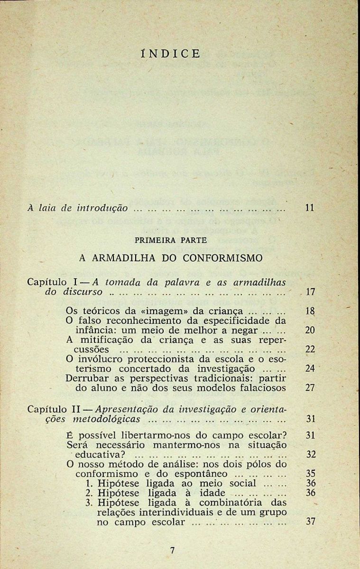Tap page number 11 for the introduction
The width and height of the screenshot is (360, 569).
coord(310,208)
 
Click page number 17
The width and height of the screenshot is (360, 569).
coord(311,292)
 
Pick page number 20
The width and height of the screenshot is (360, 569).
coord(310,330)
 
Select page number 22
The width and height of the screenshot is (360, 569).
coord(310,349)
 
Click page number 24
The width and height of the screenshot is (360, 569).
coord(310,368)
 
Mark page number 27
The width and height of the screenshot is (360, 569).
coord(310,387)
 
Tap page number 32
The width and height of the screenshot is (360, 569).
coord(311,454)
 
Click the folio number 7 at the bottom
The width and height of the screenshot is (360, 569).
coord(172,551)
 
